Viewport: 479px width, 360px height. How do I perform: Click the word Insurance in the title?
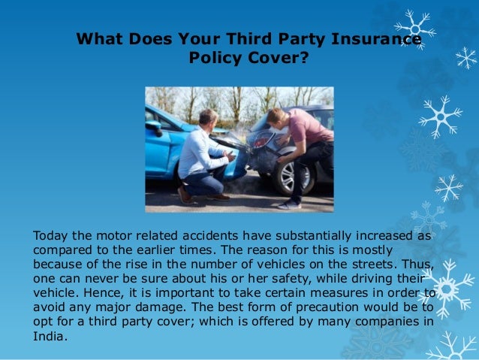point(379,39)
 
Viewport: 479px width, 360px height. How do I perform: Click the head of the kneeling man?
point(208,118)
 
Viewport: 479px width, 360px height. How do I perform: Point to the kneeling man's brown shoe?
point(185,195)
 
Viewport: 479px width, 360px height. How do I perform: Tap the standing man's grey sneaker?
point(288,204)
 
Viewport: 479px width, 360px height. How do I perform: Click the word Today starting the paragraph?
point(50,235)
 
